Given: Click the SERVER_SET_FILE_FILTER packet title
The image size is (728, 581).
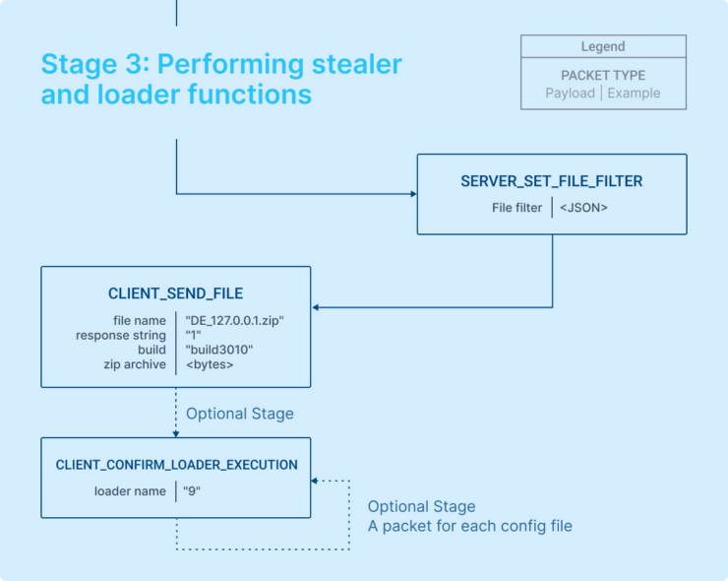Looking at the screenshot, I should tap(552, 182).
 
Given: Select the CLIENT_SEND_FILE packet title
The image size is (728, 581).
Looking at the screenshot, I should tap(175, 293).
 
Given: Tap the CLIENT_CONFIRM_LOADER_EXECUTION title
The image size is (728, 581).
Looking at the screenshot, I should tap(176, 465).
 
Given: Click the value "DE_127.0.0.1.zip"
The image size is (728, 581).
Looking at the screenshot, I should tap(235, 320).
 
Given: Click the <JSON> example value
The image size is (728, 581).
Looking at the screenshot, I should tap(583, 208).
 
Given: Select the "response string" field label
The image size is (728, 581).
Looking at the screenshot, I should tap(121, 335).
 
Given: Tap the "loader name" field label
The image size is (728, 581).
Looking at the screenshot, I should tap(130, 490).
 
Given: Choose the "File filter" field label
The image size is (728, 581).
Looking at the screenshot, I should tap(517, 208).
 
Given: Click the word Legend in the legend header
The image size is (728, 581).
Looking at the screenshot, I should tap(603, 46).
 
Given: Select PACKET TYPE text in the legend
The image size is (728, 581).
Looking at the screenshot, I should tap(603, 75).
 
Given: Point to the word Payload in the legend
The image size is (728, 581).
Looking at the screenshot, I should tap(570, 93).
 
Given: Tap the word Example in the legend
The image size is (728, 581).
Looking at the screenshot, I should tap(634, 93).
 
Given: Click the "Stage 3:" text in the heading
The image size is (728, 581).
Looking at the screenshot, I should tap(94, 64).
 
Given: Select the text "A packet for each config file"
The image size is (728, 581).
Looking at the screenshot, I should tap(469, 526).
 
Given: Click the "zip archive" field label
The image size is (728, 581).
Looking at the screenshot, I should tap(135, 364).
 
